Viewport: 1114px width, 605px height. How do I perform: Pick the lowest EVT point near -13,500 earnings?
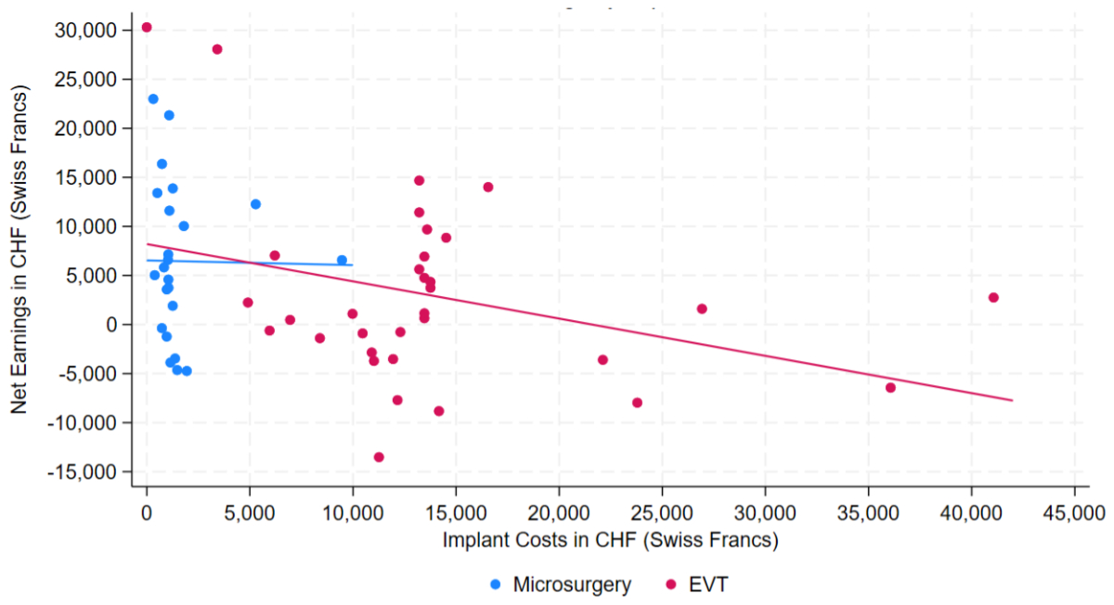pyautogui.click(x=379, y=457)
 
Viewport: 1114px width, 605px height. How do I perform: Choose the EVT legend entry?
pyautogui.click(x=707, y=585)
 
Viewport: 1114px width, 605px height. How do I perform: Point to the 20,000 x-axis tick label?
pyautogui.click(x=558, y=512)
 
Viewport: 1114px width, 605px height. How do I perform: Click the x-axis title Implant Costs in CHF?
pyautogui.click(x=610, y=539)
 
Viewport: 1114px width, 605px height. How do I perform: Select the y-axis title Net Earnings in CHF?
pyautogui.click(x=20, y=251)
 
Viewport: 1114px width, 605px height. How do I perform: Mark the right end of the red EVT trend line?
pyautogui.click(x=1012, y=400)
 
